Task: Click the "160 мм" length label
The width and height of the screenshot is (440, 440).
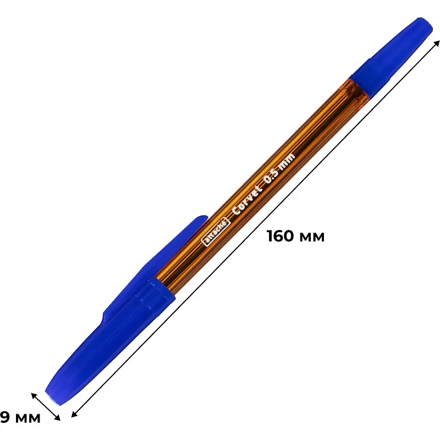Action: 295,236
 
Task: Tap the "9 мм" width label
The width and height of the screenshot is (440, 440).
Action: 20,417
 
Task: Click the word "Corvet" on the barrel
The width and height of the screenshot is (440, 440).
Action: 248,200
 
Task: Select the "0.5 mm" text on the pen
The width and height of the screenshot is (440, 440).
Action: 280,168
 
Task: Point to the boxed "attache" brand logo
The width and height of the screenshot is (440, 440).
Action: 216,232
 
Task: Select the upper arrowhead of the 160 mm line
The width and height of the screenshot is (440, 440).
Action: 436,44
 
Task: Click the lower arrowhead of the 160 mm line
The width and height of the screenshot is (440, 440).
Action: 75,414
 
